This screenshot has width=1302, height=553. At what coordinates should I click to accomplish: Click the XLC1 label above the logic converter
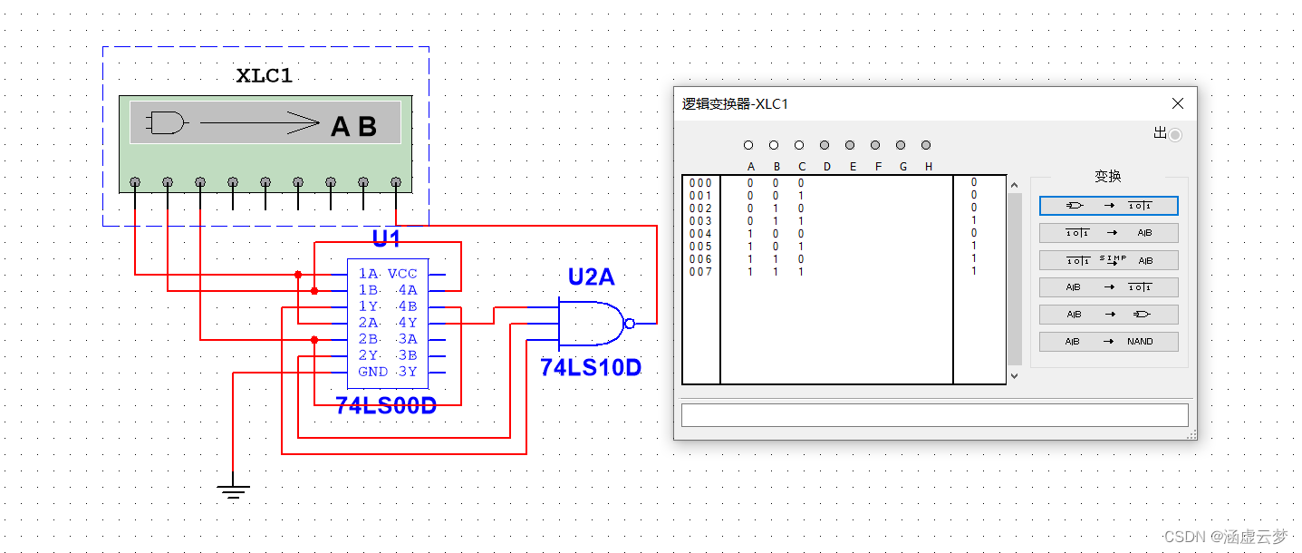(x=265, y=76)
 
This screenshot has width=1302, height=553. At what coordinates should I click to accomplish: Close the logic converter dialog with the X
(x=1177, y=103)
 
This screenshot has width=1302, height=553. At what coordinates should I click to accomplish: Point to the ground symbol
(x=233, y=490)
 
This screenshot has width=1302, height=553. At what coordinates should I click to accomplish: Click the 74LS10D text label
(x=591, y=367)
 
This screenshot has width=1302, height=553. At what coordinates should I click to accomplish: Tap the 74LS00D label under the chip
(x=386, y=406)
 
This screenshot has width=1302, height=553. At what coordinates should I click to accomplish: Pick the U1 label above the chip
(x=386, y=239)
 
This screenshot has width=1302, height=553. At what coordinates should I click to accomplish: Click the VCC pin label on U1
(x=402, y=274)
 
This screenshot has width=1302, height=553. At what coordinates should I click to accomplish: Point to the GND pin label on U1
(x=373, y=372)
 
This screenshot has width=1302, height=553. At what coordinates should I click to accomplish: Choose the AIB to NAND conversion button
(x=1108, y=342)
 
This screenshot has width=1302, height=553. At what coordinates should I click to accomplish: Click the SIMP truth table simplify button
(x=1108, y=260)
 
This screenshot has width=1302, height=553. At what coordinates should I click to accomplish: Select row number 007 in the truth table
(x=700, y=272)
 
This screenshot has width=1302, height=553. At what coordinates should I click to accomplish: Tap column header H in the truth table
(x=929, y=166)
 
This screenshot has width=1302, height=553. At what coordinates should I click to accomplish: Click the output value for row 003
(x=974, y=220)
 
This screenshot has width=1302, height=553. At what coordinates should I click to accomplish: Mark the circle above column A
(x=748, y=145)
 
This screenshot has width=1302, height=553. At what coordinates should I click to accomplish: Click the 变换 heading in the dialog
(x=1107, y=177)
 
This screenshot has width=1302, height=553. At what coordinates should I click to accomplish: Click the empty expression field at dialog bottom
(x=934, y=415)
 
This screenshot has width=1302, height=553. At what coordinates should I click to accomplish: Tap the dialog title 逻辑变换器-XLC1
(x=735, y=104)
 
